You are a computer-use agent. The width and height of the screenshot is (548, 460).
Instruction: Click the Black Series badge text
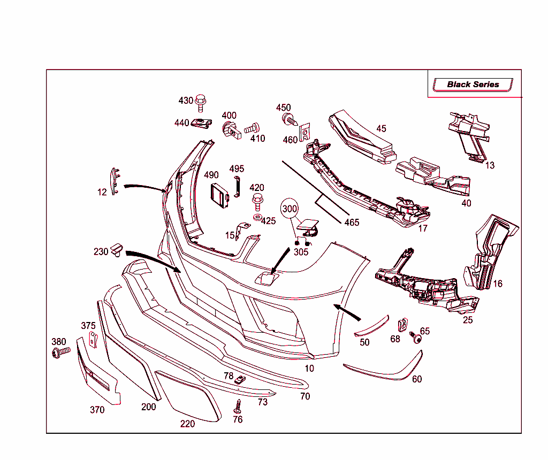473,85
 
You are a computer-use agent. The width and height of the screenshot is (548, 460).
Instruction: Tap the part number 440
181,123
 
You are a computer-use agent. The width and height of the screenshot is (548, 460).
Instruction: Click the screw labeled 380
60,352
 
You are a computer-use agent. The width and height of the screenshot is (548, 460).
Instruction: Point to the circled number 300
290,209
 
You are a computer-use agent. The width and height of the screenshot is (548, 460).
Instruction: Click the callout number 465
352,223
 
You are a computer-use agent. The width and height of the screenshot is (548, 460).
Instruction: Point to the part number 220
187,424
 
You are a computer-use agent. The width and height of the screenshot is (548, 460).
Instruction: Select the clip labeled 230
117,249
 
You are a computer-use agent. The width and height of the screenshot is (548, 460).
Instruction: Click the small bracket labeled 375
94,340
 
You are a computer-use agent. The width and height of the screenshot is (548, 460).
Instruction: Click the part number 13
490,165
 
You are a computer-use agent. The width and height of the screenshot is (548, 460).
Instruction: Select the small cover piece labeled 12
115,181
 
